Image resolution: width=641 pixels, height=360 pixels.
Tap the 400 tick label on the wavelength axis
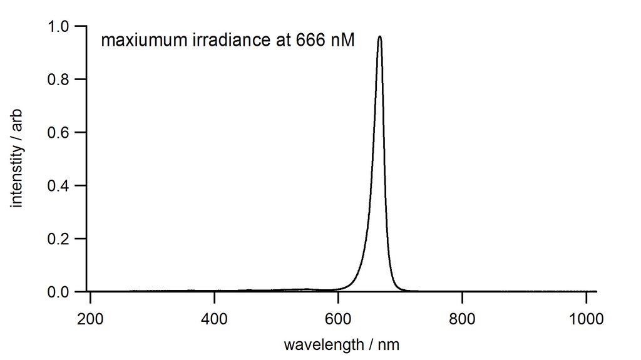tap(214, 317)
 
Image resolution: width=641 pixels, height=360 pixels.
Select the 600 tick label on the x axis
tap(338, 317)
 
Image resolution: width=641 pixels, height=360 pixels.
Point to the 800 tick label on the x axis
tap(462, 317)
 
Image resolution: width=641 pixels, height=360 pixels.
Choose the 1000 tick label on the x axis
tap(586, 317)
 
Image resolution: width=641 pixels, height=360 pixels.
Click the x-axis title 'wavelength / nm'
tap(341, 344)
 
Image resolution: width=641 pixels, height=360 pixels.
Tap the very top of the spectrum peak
tap(379, 36)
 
